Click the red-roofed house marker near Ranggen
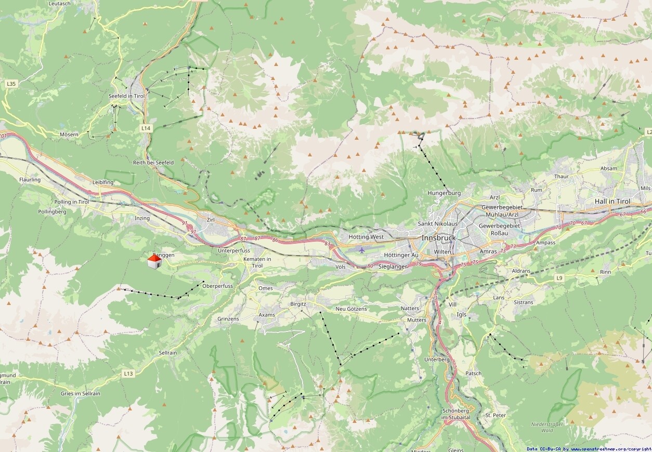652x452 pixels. (154, 261)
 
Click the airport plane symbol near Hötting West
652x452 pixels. (362, 250)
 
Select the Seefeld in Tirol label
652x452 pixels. (126, 96)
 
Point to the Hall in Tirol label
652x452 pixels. (612, 201)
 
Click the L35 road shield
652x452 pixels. (11, 83)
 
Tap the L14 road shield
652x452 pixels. (146, 127)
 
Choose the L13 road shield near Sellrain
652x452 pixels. (128, 373)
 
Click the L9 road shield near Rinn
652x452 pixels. (559, 278)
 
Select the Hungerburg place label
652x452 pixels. (444, 193)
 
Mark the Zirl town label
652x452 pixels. (211, 220)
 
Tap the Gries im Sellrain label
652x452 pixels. (80, 393)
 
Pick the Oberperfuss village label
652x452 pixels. (217, 286)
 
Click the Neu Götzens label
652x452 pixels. (351, 309)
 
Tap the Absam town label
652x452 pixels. (609, 168)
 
